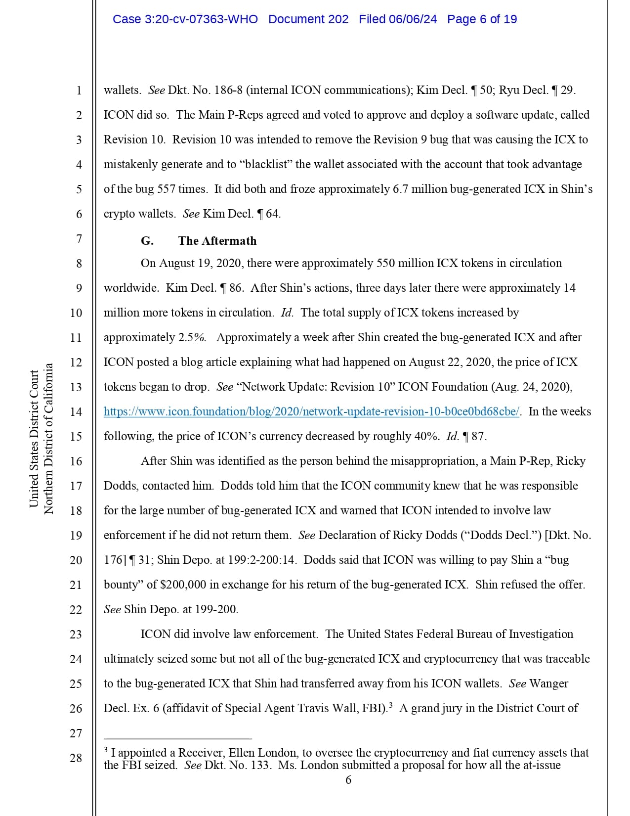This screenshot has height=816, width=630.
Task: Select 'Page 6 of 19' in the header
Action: pyautogui.click(x=482, y=19)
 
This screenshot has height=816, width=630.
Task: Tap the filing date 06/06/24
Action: pyautogui.click(x=413, y=19)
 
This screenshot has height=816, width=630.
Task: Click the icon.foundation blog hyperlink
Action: pyautogui.click(x=311, y=411)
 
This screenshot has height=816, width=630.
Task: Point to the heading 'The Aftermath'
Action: pyautogui.click(x=217, y=241)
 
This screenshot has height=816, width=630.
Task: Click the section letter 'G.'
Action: pyautogui.click(x=147, y=241)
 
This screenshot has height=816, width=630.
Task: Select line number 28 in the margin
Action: pyautogui.click(x=76, y=758)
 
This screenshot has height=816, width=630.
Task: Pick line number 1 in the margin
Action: pyautogui.click(x=79, y=91)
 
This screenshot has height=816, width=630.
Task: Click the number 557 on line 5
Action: pyautogui.click(x=166, y=189)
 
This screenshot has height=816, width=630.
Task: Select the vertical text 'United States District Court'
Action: pyautogui.click(x=34, y=439)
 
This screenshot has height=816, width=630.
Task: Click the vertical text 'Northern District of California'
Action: pyautogui.click(x=48, y=439)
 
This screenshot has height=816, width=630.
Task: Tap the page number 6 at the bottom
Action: pyautogui.click(x=348, y=780)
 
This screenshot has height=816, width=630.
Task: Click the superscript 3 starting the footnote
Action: pyautogui.click(x=106, y=750)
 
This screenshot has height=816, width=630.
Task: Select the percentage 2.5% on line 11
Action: pyautogui.click(x=192, y=337)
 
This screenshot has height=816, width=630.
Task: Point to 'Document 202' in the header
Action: pyautogui.click(x=308, y=19)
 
